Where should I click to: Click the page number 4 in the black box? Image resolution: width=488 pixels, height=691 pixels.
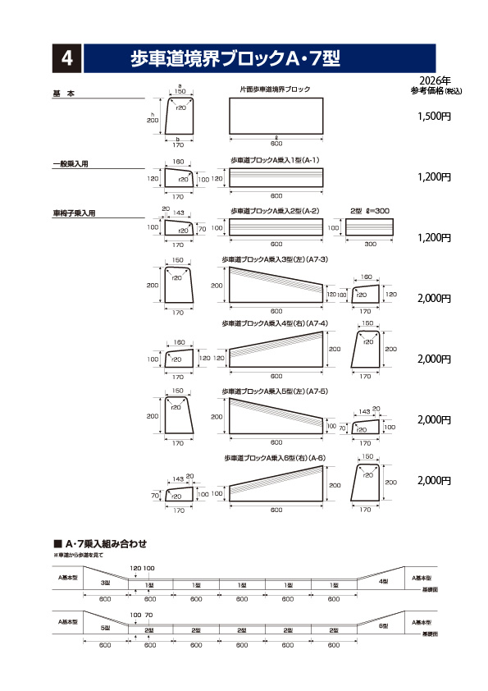point(67,57)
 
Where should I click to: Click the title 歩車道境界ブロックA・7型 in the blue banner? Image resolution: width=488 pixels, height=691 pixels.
point(235,57)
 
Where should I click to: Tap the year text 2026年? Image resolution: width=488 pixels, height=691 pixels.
point(434,80)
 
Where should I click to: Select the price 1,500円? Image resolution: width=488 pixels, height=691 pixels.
point(434,117)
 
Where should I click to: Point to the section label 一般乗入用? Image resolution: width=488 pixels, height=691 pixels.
point(71,164)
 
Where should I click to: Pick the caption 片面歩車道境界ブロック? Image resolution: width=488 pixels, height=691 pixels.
point(275,89)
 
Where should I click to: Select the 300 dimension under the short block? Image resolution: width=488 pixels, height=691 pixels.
point(370,245)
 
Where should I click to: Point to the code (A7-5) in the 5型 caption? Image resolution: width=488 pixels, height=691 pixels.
point(317,391)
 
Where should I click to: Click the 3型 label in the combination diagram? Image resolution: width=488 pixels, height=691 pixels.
point(105,583)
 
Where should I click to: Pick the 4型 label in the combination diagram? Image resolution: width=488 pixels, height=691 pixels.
point(383,581)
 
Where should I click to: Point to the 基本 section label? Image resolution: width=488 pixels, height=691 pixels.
point(64,94)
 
